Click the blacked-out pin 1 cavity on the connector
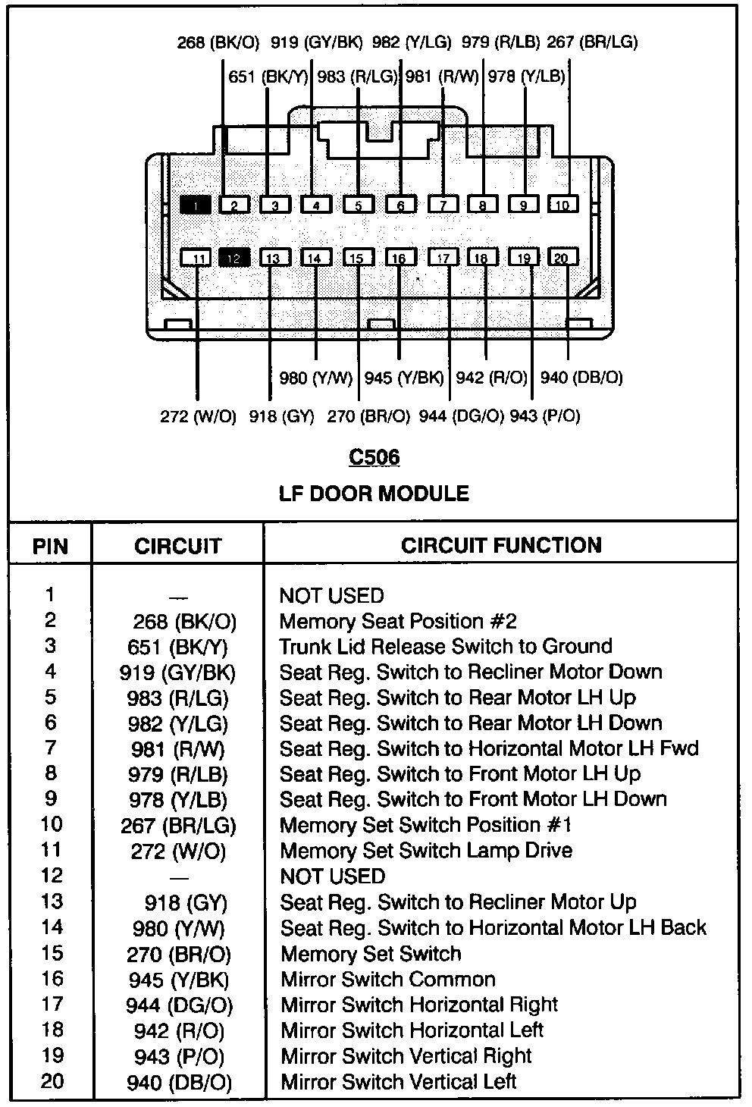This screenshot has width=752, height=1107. [x=195, y=205]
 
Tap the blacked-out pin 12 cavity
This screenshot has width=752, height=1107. [x=234, y=258]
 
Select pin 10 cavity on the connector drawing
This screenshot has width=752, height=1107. [x=562, y=204]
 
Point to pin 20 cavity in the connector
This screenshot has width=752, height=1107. [x=562, y=257]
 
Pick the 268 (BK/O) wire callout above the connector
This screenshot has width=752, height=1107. [x=218, y=42]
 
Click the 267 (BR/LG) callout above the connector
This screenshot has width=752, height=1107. [x=592, y=42]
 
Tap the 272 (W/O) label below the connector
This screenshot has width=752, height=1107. [x=198, y=416]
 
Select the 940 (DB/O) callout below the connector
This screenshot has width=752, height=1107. [x=581, y=378]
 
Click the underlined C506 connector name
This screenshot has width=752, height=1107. [x=374, y=457]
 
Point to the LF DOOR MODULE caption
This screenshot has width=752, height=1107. [x=374, y=494]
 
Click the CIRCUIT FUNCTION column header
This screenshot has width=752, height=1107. [x=501, y=546]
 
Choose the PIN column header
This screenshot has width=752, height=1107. [x=50, y=547]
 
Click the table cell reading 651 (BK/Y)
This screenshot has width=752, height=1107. [x=177, y=648]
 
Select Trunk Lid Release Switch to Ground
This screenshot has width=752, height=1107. [x=446, y=647]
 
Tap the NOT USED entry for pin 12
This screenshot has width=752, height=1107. [x=332, y=877]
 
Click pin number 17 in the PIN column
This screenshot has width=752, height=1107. [x=52, y=1004]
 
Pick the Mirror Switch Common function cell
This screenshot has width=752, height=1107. [x=388, y=979]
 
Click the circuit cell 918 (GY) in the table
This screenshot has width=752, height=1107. [x=186, y=903]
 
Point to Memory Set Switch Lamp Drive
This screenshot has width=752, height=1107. [x=426, y=851]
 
